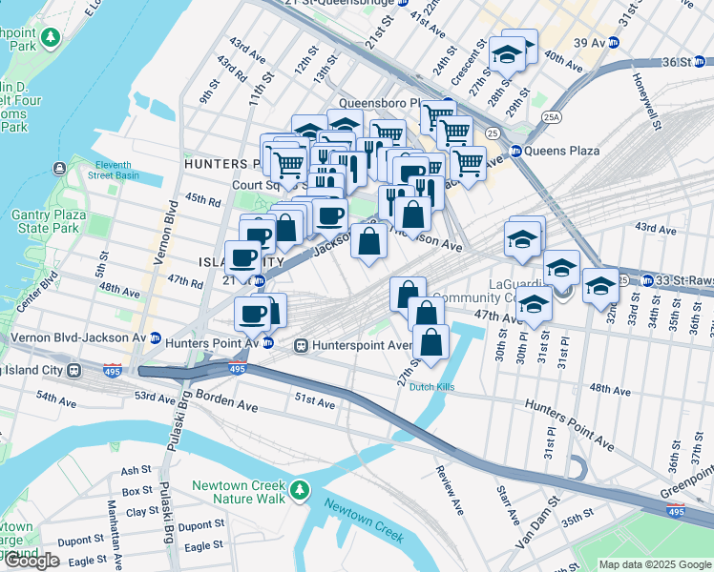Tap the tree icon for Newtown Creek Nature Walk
tap(300, 491)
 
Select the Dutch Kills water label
tap(432, 387)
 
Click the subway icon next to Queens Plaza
tap(516, 151)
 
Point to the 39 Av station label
tap(591, 42)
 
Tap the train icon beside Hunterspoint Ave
tap(300, 345)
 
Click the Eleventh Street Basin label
tap(114, 170)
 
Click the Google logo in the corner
tap(31, 561)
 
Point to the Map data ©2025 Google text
tap(655, 564)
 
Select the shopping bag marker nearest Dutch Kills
tap(431, 344)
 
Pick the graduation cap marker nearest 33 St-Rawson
tap(601, 287)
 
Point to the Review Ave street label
tap(448, 490)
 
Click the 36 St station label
tap(675, 62)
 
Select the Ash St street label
tap(136, 470)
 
